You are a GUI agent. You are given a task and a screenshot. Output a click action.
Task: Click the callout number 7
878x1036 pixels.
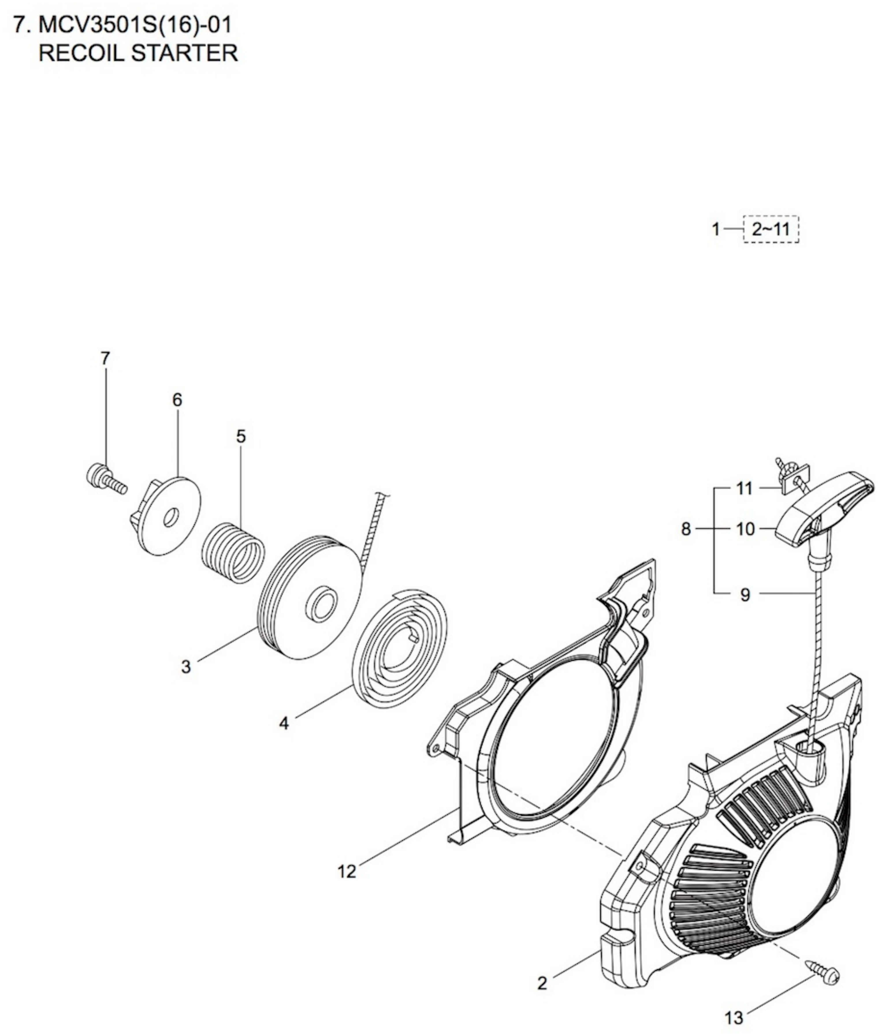105,358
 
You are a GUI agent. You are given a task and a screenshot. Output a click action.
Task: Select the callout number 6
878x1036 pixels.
177,399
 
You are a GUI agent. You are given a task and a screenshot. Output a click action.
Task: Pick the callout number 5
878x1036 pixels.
241,436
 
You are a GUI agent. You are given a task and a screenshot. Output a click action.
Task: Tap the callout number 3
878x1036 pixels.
186,666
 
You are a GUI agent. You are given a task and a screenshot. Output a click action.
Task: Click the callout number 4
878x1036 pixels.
284,723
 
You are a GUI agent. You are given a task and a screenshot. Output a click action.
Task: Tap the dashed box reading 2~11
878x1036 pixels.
771,230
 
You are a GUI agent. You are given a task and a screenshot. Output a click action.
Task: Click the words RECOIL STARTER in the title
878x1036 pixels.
138,53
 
